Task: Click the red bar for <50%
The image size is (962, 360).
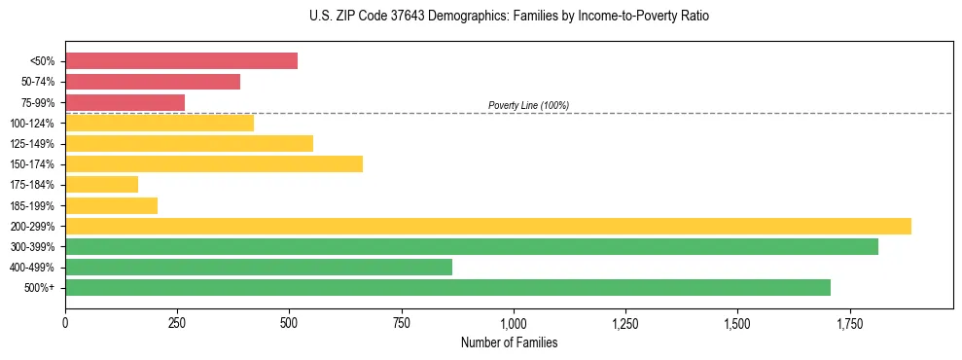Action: pyautogui.click(x=181, y=61)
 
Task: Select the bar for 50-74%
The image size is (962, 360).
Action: pyautogui.click(x=153, y=82)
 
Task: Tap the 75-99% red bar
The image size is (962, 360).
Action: pyautogui.click(x=125, y=102)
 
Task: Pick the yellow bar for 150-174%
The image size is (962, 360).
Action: pyautogui.click(x=214, y=163)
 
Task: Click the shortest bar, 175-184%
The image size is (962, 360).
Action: pyautogui.click(x=101, y=184)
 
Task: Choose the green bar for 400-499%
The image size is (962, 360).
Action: pyautogui.click(x=259, y=267)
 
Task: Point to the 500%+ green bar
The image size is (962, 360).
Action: pyautogui.click(x=447, y=287)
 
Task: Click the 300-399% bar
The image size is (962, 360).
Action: pyautogui.click(x=472, y=246)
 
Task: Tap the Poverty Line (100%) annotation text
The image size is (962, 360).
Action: pyautogui.click(x=528, y=105)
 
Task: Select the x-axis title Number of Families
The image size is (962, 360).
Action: pyautogui.click(x=509, y=342)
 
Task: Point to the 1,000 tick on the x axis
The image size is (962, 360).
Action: pyautogui.click(x=514, y=323)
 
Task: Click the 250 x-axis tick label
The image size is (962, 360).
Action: pyautogui.click(x=177, y=323)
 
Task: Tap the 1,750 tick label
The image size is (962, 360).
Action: pyautogui.click(x=849, y=323)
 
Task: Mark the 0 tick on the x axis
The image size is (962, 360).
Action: pyautogui.click(x=65, y=323)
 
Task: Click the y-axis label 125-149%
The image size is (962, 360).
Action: pyautogui.click(x=32, y=144)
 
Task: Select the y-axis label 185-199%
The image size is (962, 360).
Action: pyautogui.click(x=32, y=205)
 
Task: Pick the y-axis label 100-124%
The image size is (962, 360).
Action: pyautogui.click(x=32, y=124)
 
